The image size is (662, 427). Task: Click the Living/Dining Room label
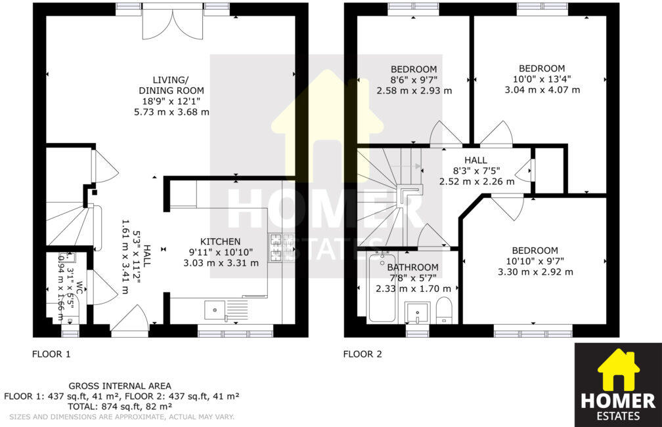point(171,85)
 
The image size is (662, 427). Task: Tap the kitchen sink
point(215,310)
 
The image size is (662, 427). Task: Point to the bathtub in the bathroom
point(382,289)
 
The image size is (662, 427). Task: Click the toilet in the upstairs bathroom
point(445,311)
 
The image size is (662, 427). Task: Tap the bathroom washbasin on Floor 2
point(416,312)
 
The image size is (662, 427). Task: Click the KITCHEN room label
point(220,241)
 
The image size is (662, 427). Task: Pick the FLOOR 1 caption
point(51,354)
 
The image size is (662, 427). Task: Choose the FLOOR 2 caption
point(362,354)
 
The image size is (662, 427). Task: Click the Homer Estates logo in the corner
point(617,384)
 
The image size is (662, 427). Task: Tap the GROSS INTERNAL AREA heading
point(120,386)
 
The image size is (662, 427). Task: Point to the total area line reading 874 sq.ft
point(121,406)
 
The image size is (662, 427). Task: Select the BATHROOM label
point(412,267)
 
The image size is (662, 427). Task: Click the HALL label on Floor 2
point(475,160)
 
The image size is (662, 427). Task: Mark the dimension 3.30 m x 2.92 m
point(535,272)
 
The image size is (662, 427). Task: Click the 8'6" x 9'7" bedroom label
point(414,80)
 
